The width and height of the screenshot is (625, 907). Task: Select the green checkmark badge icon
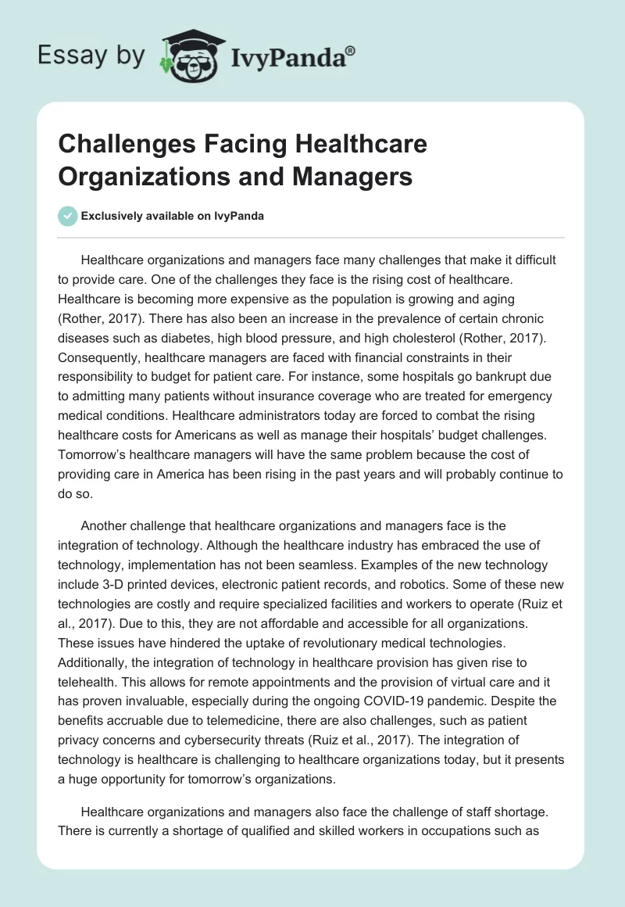point(68,216)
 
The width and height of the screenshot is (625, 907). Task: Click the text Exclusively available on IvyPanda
point(173,217)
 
